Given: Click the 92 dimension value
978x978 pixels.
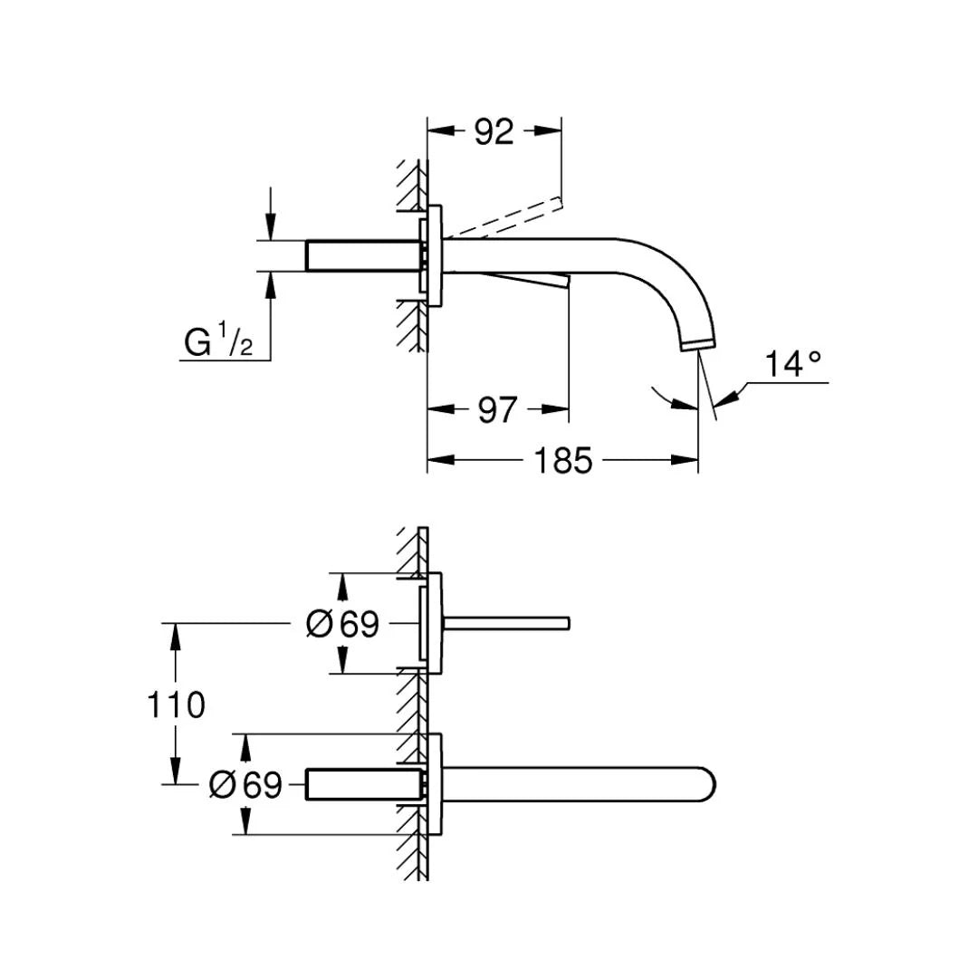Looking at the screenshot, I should [x=494, y=132].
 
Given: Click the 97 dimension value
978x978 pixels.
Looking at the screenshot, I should [x=497, y=410].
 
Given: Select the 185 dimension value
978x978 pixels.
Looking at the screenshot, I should [x=561, y=461].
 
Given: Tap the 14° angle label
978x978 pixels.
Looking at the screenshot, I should [x=793, y=364].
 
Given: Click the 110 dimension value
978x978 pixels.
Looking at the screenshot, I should [x=177, y=704].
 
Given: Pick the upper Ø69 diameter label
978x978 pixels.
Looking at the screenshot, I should [x=342, y=624].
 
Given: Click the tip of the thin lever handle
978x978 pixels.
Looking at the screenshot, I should [x=567, y=622].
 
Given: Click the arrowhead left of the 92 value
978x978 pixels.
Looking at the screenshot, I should [x=439, y=130].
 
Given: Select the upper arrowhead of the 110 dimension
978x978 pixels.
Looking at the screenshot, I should [x=175, y=633].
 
